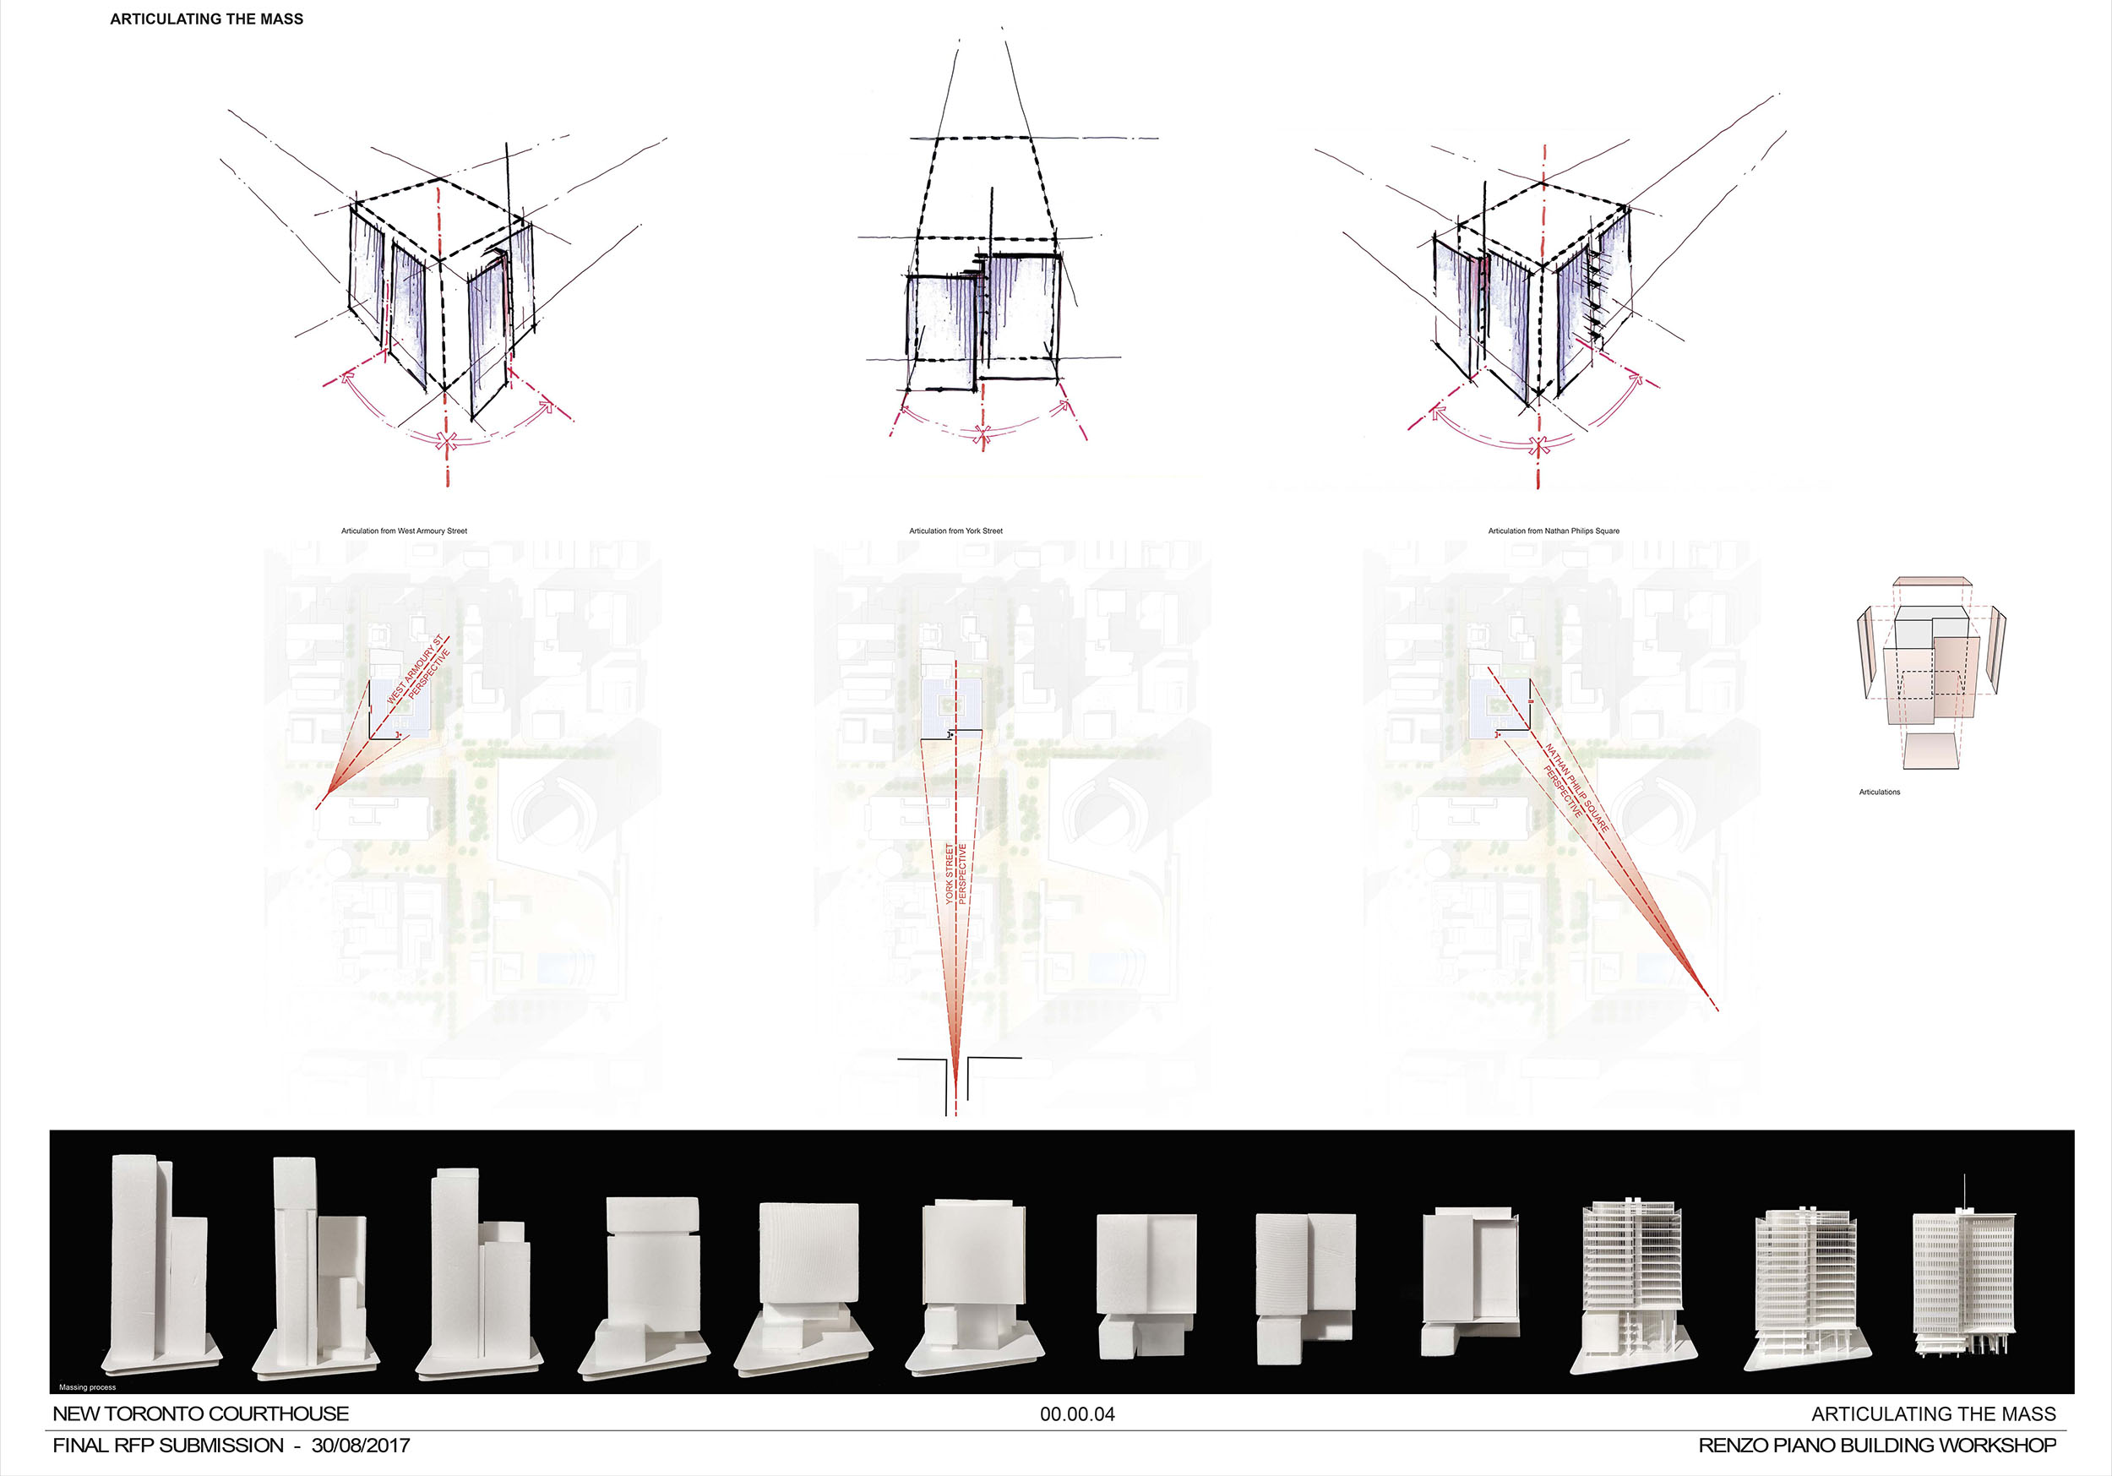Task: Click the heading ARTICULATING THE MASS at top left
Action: tap(206, 19)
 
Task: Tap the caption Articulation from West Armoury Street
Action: tap(404, 531)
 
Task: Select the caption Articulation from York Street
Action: tap(955, 531)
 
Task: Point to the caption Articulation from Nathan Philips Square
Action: tap(1554, 531)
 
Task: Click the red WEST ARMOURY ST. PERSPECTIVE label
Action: tap(418, 677)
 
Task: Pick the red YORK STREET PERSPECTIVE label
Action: tap(955, 874)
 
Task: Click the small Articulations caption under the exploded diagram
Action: tap(1880, 792)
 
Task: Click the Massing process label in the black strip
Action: tap(87, 1386)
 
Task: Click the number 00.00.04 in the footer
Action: tap(1077, 1414)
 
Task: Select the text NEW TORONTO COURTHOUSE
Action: tap(200, 1414)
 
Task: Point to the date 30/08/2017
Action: tap(361, 1446)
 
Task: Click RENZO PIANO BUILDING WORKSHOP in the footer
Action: tap(1876, 1446)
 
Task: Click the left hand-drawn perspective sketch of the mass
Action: tap(442, 295)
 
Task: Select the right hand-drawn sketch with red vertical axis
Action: tap(1536, 295)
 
